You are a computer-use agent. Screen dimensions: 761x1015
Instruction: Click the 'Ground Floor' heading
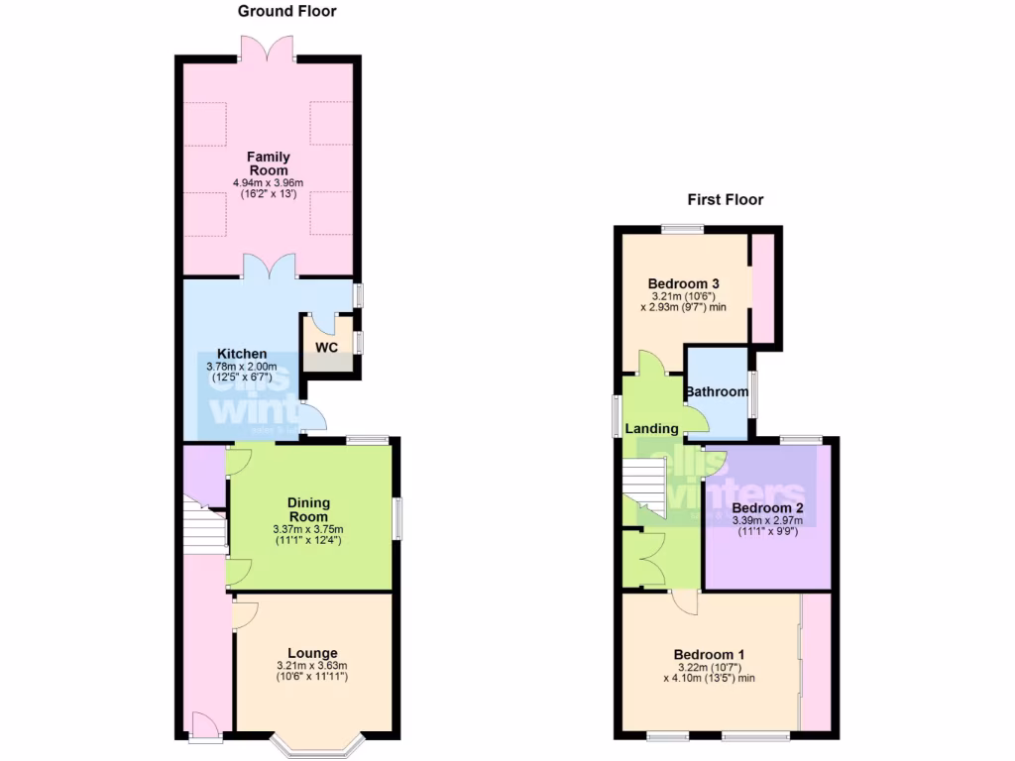(287, 12)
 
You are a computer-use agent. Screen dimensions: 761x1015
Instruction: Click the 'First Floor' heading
(726, 199)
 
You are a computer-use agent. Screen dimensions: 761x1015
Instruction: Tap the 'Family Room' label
(268, 163)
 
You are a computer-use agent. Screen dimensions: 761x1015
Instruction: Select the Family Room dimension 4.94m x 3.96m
(268, 183)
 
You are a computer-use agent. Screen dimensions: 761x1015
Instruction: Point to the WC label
(327, 348)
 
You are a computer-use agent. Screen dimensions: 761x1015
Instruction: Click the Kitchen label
(242, 354)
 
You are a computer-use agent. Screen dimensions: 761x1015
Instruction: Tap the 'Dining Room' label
(308, 509)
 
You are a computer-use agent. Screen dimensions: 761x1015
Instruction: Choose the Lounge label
(313, 653)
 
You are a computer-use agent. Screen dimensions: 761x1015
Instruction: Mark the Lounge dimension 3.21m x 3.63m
(313, 665)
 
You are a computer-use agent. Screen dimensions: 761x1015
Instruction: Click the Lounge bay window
(317, 741)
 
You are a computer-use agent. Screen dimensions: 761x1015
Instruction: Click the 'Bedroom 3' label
(684, 283)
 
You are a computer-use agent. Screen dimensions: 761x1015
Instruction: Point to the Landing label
(651, 429)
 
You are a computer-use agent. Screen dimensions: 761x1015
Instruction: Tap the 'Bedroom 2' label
(767, 507)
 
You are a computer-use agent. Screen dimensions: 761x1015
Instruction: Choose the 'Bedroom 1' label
(709, 655)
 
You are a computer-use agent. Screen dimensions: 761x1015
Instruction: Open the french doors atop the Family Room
(268, 48)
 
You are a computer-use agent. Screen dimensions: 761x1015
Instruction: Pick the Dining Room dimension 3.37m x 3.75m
(308, 530)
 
